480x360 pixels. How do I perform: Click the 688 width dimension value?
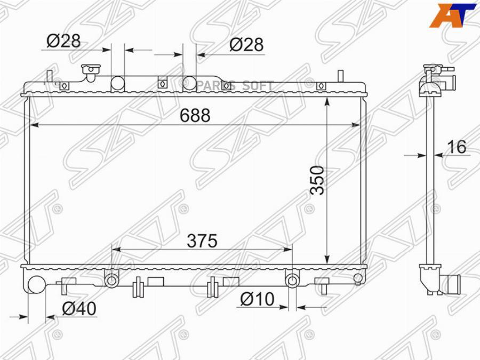pyautogui.click(x=195, y=115)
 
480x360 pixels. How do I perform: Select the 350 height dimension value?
pyautogui.click(x=317, y=180)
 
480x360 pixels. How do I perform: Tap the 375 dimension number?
pyautogui.click(x=202, y=241)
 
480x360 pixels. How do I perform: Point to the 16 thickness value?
pyautogui.click(x=457, y=147)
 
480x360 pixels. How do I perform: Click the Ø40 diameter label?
pyautogui.click(x=79, y=309)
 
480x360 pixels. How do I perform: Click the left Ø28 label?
pyautogui.click(x=63, y=41)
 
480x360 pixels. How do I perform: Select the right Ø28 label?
pyautogui.click(x=246, y=45)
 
